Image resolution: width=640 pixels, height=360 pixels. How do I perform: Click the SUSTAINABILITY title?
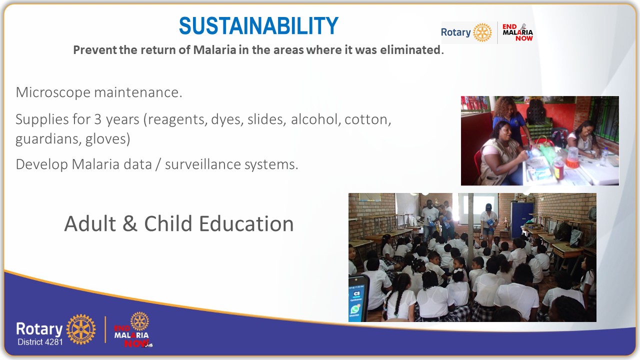click(258, 26)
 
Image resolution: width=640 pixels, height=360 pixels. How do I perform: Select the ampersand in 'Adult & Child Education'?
click(129, 224)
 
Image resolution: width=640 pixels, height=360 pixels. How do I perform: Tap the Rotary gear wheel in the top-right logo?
click(482, 32)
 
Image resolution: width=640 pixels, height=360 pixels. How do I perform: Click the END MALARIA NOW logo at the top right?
click(517, 32)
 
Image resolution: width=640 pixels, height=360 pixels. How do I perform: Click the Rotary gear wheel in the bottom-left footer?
click(80, 329)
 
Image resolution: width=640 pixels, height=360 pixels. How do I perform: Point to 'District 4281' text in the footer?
click(40, 342)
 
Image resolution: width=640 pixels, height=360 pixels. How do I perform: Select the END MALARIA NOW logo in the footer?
click(132, 330)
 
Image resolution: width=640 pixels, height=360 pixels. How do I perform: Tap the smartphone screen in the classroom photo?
click(358, 298)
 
